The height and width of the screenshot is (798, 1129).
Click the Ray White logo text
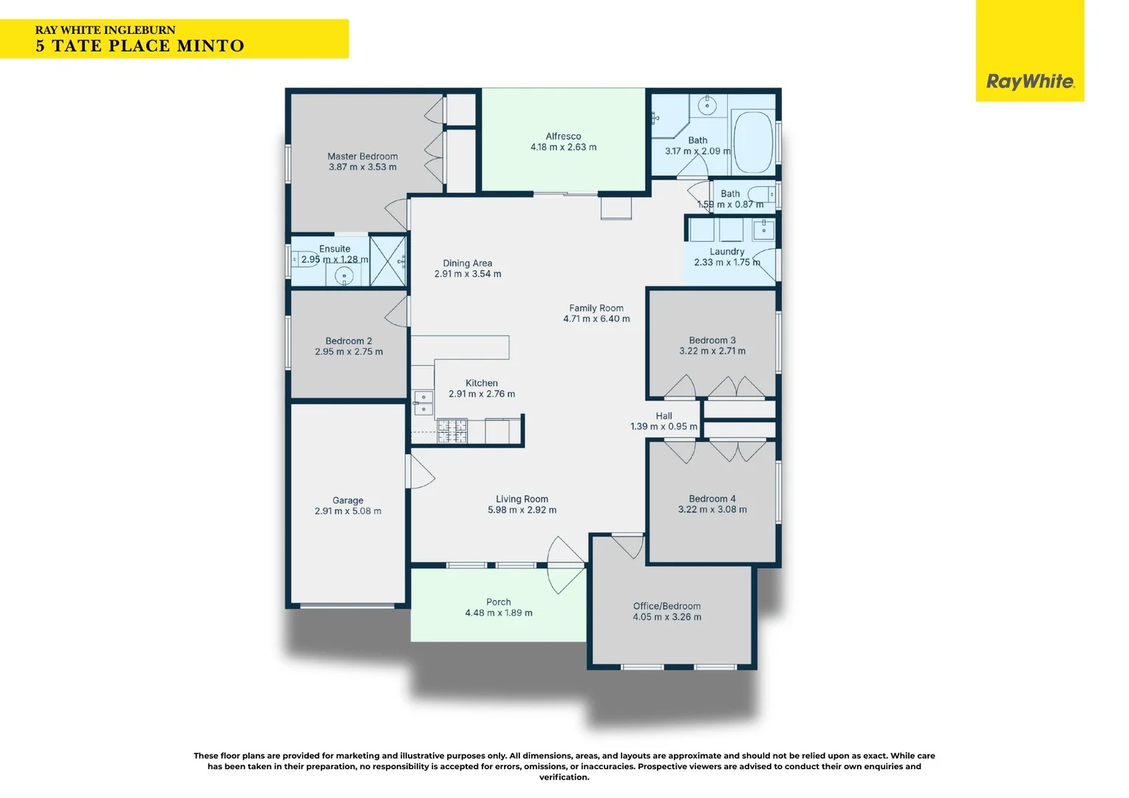[1030, 82]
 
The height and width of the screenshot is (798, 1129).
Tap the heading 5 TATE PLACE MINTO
[140, 46]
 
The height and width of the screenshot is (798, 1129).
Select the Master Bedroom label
[362, 156]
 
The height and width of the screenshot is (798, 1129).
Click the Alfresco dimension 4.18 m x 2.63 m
[563, 147]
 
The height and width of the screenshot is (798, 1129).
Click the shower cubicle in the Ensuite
[388, 261]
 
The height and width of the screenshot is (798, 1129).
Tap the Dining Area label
[467, 263]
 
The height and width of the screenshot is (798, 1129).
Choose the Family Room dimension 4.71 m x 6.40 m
[596, 318]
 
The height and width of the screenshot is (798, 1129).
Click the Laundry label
[727, 251]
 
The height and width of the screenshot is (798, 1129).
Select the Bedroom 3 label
[712, 341]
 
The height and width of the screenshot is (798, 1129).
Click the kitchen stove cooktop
[451, 431]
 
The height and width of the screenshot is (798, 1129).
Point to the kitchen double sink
[423, 402]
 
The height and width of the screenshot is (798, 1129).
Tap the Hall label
[664, 416]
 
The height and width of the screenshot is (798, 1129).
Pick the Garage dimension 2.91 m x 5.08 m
[348, 511]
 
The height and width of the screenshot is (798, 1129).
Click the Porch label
[499, 602]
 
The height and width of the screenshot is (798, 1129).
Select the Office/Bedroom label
[666, 606]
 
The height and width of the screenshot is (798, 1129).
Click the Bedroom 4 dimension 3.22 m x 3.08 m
[712, 509]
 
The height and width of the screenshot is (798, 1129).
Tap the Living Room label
[522, 499]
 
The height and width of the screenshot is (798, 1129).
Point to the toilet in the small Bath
[761, 194]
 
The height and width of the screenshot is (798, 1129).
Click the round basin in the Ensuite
[344, 276]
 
